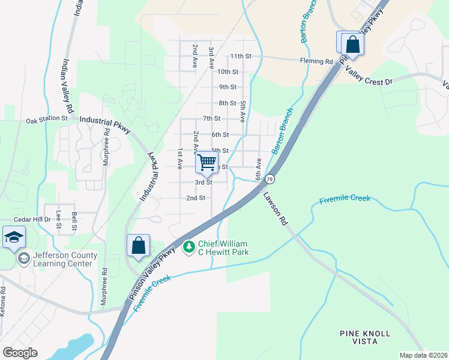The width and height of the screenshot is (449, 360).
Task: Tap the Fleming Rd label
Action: [x=316, y=61]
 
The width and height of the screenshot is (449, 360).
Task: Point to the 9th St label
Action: [x=228, y=87]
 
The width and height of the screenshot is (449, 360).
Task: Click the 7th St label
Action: [x=212, y=119]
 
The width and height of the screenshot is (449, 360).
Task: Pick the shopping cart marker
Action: [x=206, y=161]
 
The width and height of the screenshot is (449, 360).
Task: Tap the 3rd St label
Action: [x=203, y=182]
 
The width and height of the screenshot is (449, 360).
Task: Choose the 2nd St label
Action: [x=196, y=198]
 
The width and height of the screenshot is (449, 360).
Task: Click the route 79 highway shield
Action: [x=270, y=179]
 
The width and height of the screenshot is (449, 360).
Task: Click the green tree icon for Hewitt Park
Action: [x=189, y=247]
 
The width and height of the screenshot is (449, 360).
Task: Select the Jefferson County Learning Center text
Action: [x=65, y=259]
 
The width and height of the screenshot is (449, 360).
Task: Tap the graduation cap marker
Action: [x=14, y=237]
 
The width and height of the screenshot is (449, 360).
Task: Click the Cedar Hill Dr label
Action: [x=32, y=220]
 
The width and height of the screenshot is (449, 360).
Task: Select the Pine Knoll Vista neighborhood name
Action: [x=365, y=337]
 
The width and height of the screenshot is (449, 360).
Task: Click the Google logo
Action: [x=20, y=353]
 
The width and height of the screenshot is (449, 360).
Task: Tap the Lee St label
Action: [x=59, y=220]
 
